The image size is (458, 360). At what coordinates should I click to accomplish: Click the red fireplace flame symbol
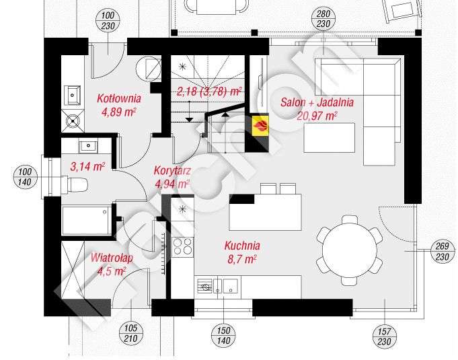point(260,124)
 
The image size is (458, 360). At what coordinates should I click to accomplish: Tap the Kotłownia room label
point(118,99)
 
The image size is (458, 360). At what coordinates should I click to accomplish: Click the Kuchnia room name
point(243,246)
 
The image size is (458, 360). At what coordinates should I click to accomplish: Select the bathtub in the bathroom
point(85,219)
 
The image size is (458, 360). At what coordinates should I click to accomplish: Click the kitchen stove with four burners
point(182,248)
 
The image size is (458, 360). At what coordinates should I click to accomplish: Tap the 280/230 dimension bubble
point(322,21)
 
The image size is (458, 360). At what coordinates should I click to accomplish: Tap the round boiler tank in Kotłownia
point(145,68)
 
